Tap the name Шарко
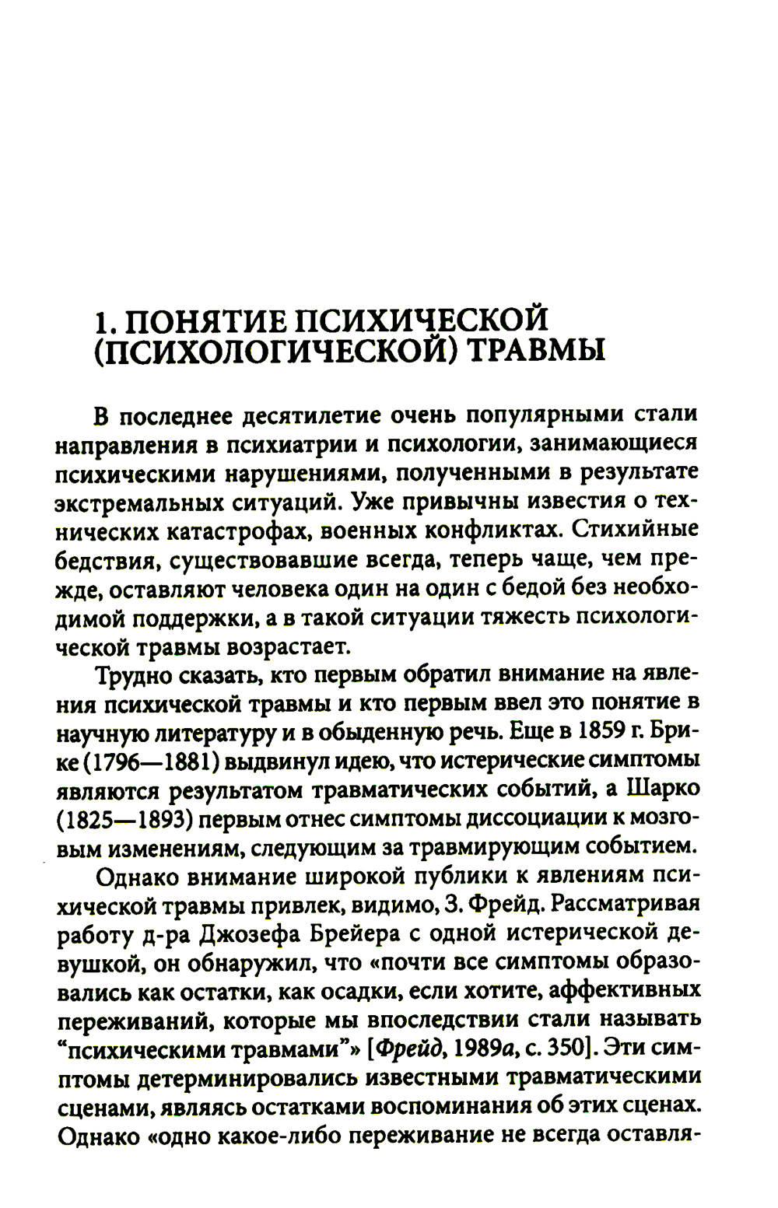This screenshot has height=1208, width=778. (659, 789)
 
